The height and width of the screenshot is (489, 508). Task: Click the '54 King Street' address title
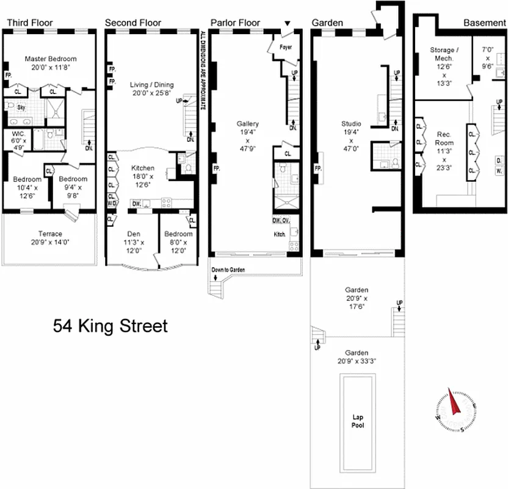coord(111,326)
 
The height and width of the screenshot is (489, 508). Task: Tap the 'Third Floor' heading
coord(29,23)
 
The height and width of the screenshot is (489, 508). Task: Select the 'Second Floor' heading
coord(133,23)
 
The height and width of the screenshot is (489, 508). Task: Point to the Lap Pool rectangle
coord(358,421)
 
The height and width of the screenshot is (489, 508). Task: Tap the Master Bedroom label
coord(48,59)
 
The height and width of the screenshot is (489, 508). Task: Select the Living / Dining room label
coord(152,84)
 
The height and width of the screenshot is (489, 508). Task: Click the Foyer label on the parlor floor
coord(286,46)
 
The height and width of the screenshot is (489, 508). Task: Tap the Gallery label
coord(248,124)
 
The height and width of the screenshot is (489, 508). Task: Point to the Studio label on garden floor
coord(351,124)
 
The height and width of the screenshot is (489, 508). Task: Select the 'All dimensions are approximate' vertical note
coord(203,70)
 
